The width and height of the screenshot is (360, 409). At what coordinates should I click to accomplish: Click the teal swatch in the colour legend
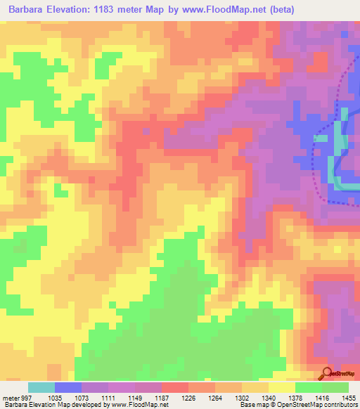[x=41, y=387]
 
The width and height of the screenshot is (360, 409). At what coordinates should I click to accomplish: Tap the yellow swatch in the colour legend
[x=281, y=387]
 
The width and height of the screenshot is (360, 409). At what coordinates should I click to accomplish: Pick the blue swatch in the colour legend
[x=68, y=387]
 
